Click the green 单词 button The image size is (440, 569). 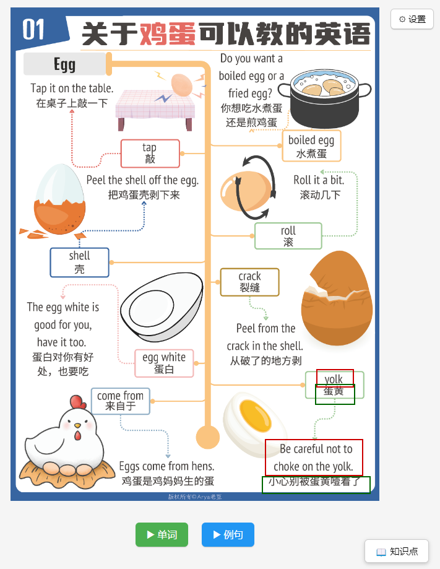(x=162, y=534)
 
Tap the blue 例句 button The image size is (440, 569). (x=228, y=534)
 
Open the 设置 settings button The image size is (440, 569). (x=412, y=19)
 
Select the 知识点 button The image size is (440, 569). (x=397, y=552)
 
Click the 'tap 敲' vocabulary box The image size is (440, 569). (x=150, y=154)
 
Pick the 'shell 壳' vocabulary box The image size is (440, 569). (x=79, y=263)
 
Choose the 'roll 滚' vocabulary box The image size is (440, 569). (x=288, y=236)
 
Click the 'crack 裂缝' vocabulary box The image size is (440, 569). (x=249, y=282)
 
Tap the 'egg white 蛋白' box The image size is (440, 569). (x=164, y=363)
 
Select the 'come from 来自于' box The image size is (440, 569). (x=121, y=401)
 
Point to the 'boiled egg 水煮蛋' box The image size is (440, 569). (x=312, y=146)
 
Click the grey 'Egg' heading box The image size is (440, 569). (x=65, y=64)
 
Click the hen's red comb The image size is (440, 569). (x=77, y=402)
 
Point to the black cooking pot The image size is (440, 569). (x=324, y=100)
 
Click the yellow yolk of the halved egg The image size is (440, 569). (x=256, y=416)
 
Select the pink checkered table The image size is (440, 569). (x=155, y=109)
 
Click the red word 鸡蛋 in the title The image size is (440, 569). (x=168, y=34)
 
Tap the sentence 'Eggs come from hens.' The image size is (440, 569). (x=167, y=466)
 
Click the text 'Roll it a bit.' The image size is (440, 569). (x=319, y=180)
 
